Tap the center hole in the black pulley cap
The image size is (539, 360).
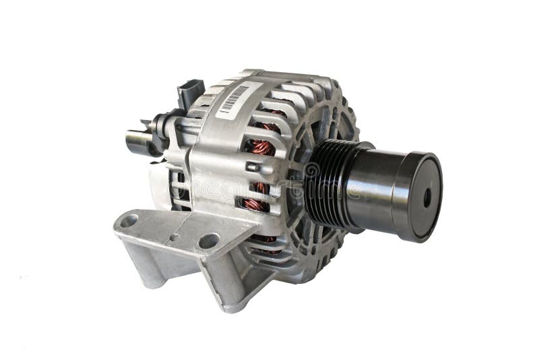tap(426, 197)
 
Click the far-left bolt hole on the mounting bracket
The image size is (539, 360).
tap(129, 220)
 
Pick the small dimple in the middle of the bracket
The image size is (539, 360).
tap(173, 237)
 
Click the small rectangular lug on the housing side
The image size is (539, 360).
tap(253, 167)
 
